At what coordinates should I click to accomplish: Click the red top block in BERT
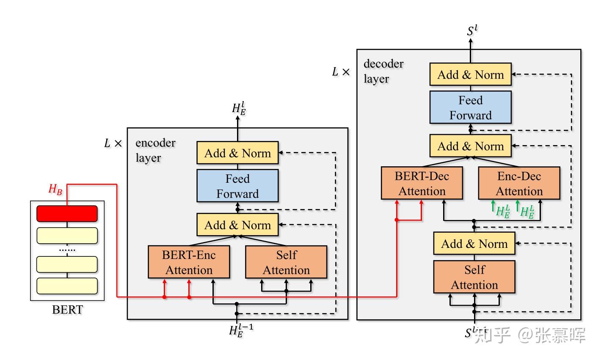(67, 214)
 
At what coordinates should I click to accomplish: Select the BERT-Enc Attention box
(189, 262)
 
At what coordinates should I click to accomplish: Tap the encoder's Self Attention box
(286, 262)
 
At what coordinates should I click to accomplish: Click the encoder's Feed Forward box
(237, 186)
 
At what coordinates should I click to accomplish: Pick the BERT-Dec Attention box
(422, 183)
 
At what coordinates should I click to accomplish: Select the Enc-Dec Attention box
(519, 183)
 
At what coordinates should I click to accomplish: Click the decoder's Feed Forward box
(470, 107)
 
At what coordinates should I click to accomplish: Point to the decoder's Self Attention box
(474, 277)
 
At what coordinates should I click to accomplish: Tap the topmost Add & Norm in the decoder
(470, 75)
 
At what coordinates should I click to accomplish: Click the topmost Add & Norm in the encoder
(237, 153)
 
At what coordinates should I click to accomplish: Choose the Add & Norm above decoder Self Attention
(474, 244)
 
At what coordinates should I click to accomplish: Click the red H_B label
(55, 189)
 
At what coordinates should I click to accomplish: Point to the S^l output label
(472, 31)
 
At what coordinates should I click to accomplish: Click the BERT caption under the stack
(67, 310)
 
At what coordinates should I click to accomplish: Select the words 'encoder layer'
(155, 150)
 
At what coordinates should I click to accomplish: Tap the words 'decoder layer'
(383, 71)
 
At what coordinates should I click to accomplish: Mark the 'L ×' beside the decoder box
(341, 72)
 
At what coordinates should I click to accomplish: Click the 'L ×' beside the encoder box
(113, 143)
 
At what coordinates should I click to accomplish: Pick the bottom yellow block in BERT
(67, 286)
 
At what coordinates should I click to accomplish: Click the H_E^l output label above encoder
(239, 109)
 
